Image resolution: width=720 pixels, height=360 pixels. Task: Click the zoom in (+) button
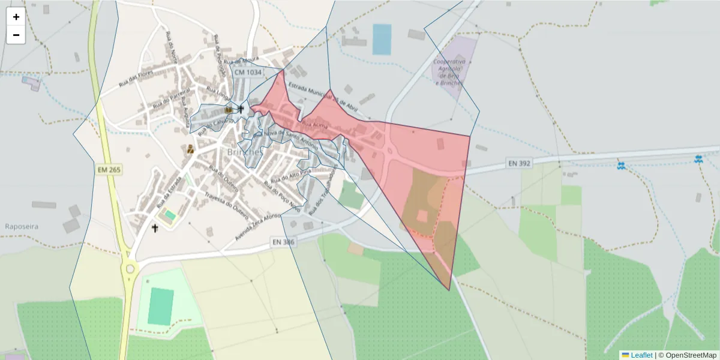coord(16,17)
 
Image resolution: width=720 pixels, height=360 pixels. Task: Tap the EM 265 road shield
coord(109,170)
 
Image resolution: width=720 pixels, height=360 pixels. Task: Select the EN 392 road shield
coord(520,163)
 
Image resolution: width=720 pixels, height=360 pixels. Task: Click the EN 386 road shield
coord(284,242)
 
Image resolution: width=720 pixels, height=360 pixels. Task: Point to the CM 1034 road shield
coord(248,72)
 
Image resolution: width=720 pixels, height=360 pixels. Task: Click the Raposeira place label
coord(22,227)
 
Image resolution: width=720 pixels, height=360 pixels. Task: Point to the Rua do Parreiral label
coord(171,97)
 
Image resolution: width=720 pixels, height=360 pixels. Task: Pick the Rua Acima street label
coord(315,124)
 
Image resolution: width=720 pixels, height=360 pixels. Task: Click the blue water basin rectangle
coord(382,39)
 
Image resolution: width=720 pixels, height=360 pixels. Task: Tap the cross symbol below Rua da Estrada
coord(155,228)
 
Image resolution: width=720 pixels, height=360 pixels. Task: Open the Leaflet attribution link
coord(641,355)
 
